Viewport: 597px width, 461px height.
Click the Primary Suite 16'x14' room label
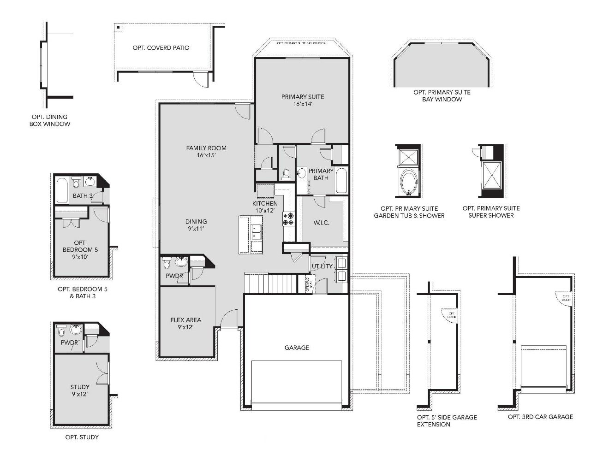(303, 100)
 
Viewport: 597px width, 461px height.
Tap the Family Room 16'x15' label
(206, 152)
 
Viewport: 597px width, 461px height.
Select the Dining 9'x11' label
(196, 225)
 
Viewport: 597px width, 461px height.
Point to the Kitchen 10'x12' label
(265, 207)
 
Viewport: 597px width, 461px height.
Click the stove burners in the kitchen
(288, 219)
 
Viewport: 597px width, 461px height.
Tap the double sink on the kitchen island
(256, 232)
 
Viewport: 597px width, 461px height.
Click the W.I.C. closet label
(321, 223)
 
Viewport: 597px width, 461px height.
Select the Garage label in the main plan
(297, 348)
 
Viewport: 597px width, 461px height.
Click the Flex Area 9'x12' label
(185, 323)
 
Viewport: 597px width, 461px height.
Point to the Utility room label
(322, 266)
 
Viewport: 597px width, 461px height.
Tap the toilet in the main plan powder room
(167, 263)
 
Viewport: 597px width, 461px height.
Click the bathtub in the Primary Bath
(341, 181)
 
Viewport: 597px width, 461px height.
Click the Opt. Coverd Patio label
(161, 47)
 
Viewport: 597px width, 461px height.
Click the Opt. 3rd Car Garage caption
(540, 417)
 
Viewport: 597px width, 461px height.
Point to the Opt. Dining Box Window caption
(50, 120)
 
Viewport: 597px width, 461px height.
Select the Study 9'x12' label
(80, 390)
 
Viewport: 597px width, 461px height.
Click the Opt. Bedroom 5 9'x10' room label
(80, 250)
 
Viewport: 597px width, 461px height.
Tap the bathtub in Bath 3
(61, 190)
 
